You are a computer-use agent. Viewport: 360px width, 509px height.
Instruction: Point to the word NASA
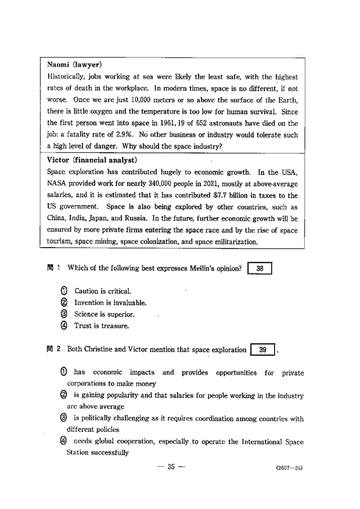click(x=56, y=184)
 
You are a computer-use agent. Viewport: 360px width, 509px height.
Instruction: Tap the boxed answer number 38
click(x=260, y=268)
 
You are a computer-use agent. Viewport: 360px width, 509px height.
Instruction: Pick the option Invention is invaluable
click(x=110, y=303)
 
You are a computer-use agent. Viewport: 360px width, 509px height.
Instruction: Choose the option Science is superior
click(x=104, y=314)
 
